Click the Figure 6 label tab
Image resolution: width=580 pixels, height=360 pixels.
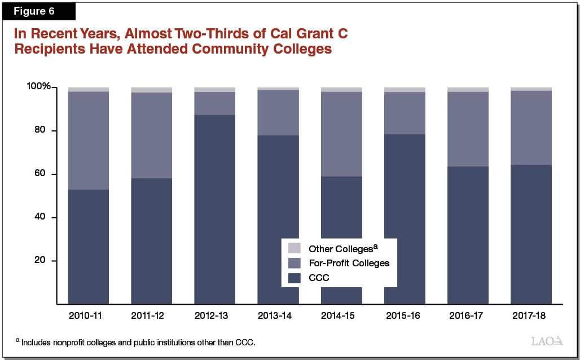tap(38, 11)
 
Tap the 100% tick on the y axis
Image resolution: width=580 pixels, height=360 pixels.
tap(38, 87)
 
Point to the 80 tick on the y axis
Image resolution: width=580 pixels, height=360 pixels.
tap(46, 131)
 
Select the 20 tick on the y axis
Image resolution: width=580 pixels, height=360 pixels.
tap(46, 261)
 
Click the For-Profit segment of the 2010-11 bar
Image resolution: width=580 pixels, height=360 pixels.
tap(88, 140)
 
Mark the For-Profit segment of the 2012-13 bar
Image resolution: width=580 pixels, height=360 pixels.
tap(214, 103)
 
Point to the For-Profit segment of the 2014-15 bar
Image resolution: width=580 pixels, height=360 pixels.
tap(341, 134)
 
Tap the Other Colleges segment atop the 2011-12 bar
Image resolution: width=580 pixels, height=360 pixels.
tap(151, 90)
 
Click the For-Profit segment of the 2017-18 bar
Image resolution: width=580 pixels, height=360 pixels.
tap(531, 128)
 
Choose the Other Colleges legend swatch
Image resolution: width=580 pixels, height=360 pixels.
tap(295, 248)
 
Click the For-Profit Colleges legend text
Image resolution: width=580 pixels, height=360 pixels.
tap(349, 263)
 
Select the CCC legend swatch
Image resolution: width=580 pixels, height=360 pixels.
tap(295, 278)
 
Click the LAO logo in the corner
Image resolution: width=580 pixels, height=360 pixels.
tap(547, 341)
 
